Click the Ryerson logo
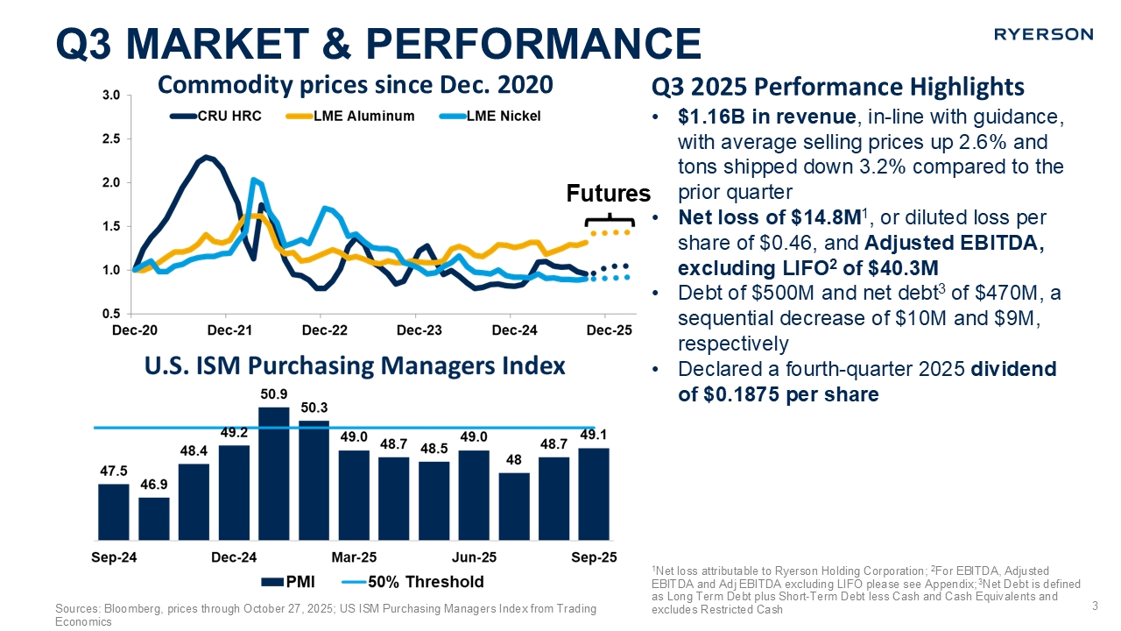coord(1043,34)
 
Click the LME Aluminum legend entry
coord(362,116)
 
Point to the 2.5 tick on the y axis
coord(111,139)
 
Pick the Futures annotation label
coord(609,193)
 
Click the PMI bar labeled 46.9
coord(154,517)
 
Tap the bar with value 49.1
coord(594,493)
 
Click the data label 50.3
coord(314,408)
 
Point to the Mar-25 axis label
coord(354,557)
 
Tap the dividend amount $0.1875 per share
coord(779,394)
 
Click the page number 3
coord(1095,605)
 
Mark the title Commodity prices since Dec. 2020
coord(355,84)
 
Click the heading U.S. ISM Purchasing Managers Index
coord(355,365)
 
